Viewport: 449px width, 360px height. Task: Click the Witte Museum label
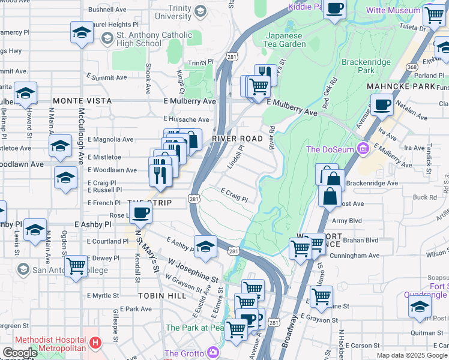(394, 11)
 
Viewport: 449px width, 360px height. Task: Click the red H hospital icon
(94, 344)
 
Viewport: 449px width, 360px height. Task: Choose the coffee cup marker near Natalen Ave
(382, 106)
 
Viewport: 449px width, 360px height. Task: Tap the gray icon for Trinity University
(200, 10)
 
